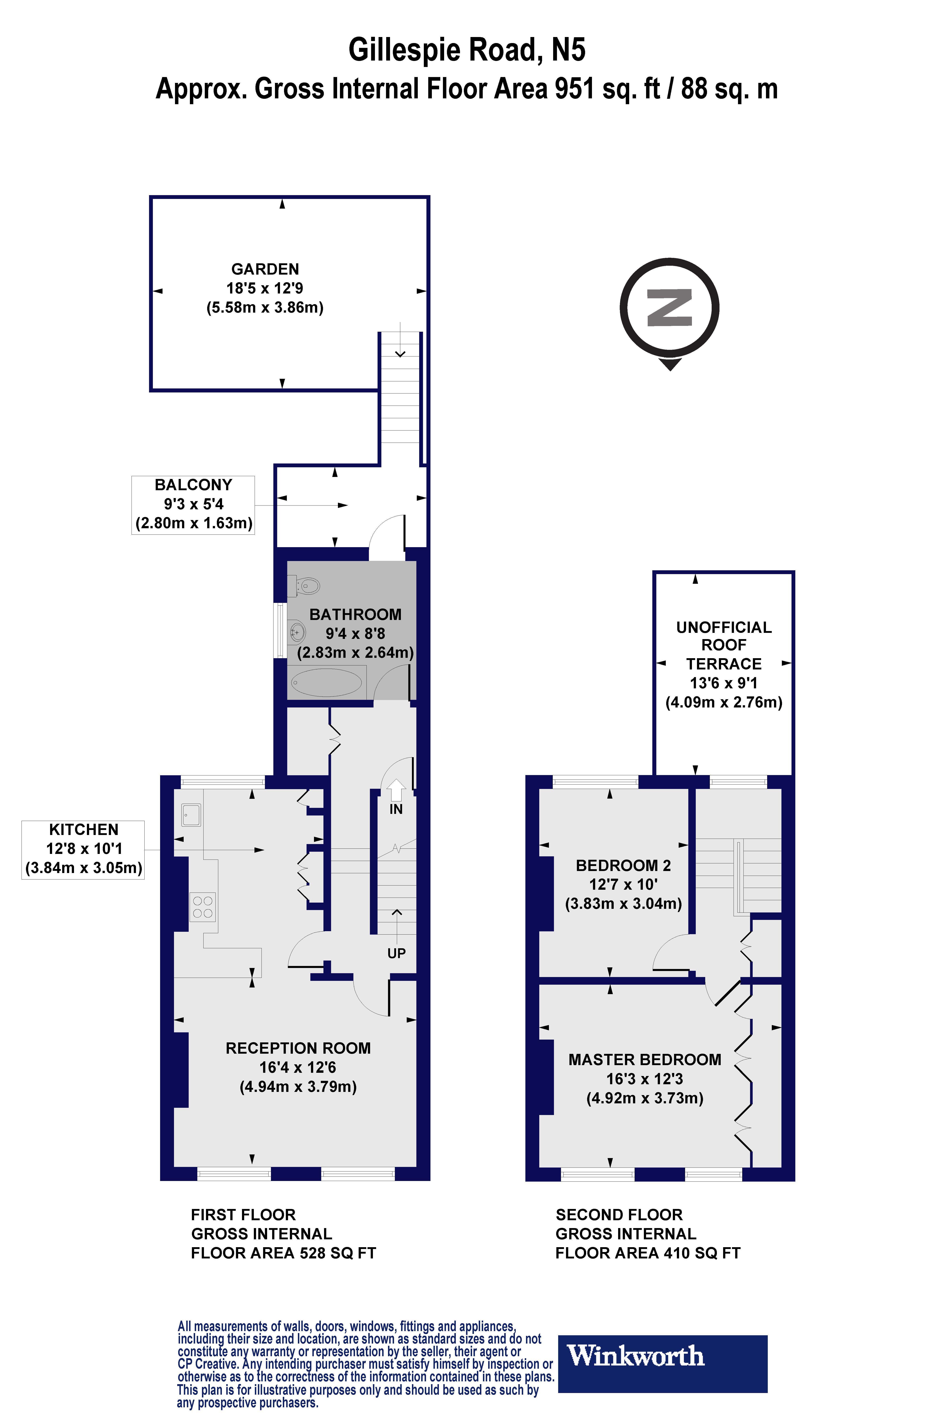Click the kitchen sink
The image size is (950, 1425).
pyautogui.click(x=191, y=815)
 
